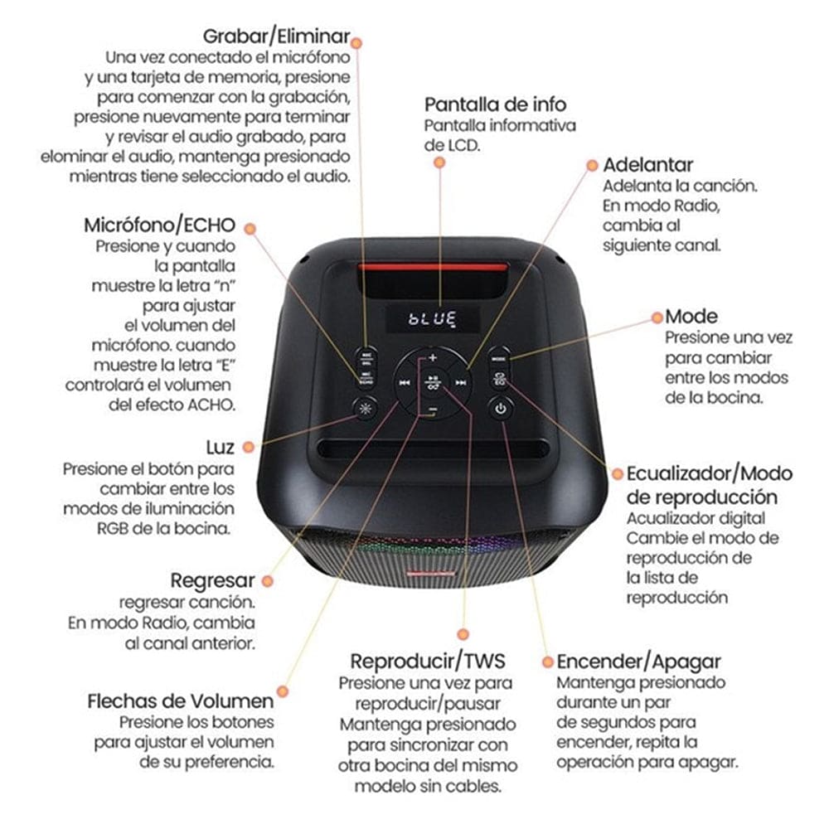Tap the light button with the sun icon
364,408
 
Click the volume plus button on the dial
433,358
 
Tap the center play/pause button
433,383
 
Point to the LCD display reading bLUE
433,318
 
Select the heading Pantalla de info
496,104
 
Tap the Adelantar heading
647,164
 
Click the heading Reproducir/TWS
427,662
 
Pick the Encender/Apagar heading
638,662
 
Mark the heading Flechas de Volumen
180,701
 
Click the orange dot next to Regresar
268,580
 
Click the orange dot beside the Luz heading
250,448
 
